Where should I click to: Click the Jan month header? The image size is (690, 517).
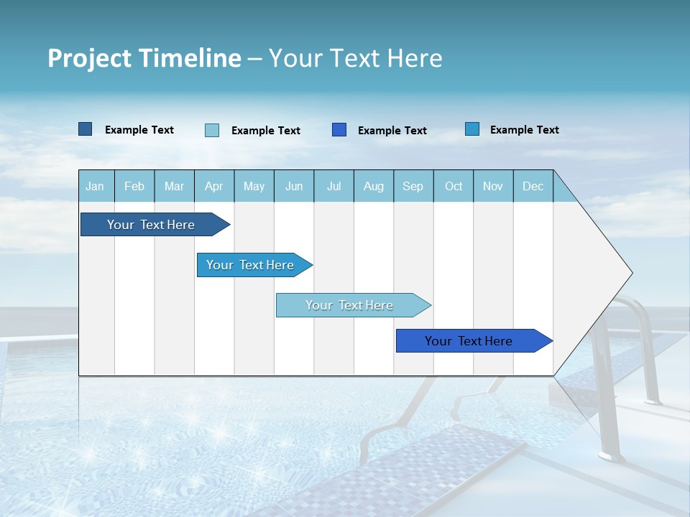point(95,186)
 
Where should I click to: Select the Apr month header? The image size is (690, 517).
point(213,186)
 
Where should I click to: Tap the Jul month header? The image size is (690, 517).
point(333,186)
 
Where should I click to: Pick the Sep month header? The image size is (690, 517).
point(413,186)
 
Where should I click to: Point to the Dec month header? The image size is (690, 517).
point(533,186)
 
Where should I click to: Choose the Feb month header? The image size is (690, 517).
point(134,186)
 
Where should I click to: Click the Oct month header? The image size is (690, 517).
point(454,186)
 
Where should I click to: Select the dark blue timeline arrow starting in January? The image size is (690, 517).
point(151,225)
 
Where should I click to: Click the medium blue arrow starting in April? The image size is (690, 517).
point(250,265)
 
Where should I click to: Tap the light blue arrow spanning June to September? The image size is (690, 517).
point(349,305)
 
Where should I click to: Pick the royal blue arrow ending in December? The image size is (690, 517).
point(469,341)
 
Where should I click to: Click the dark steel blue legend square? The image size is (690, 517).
point(85,129)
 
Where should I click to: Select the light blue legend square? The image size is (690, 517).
point(212,130)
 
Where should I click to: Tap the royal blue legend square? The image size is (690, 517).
point(339,129)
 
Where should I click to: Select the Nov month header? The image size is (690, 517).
point(493,186)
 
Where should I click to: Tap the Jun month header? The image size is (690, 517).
point(294,186)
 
